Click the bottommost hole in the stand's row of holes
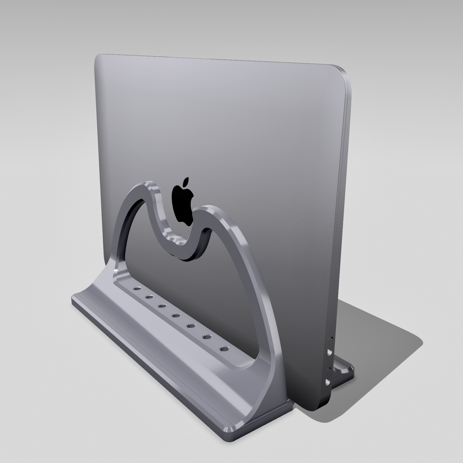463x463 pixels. [x=224, y=348]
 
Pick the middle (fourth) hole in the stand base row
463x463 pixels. [x=175, y=315]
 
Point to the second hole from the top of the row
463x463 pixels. [x=149, y=297]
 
